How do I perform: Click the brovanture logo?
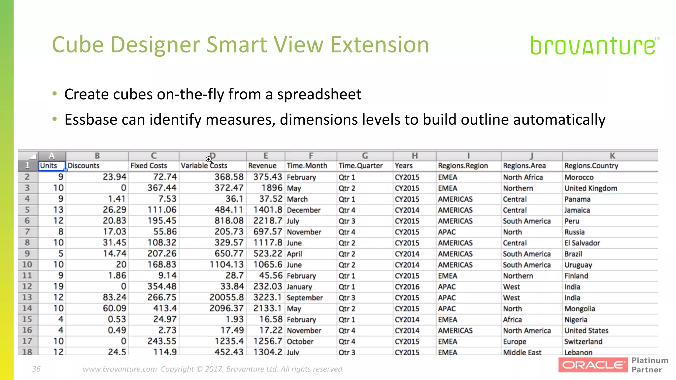point(593,46)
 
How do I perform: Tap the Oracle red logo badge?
point(593,365)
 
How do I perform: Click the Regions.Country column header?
point(591,166)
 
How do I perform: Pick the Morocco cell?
point(579,177)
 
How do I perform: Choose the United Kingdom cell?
point(591,188)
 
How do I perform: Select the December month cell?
point(304,210)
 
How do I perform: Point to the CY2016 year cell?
point(407,287)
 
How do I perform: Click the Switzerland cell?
point(583,341)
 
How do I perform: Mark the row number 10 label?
point(27,265)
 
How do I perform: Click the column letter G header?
point(365,156)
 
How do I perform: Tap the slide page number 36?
point(36,369)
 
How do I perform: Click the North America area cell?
point(527,331)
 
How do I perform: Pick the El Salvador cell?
point(582,243)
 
